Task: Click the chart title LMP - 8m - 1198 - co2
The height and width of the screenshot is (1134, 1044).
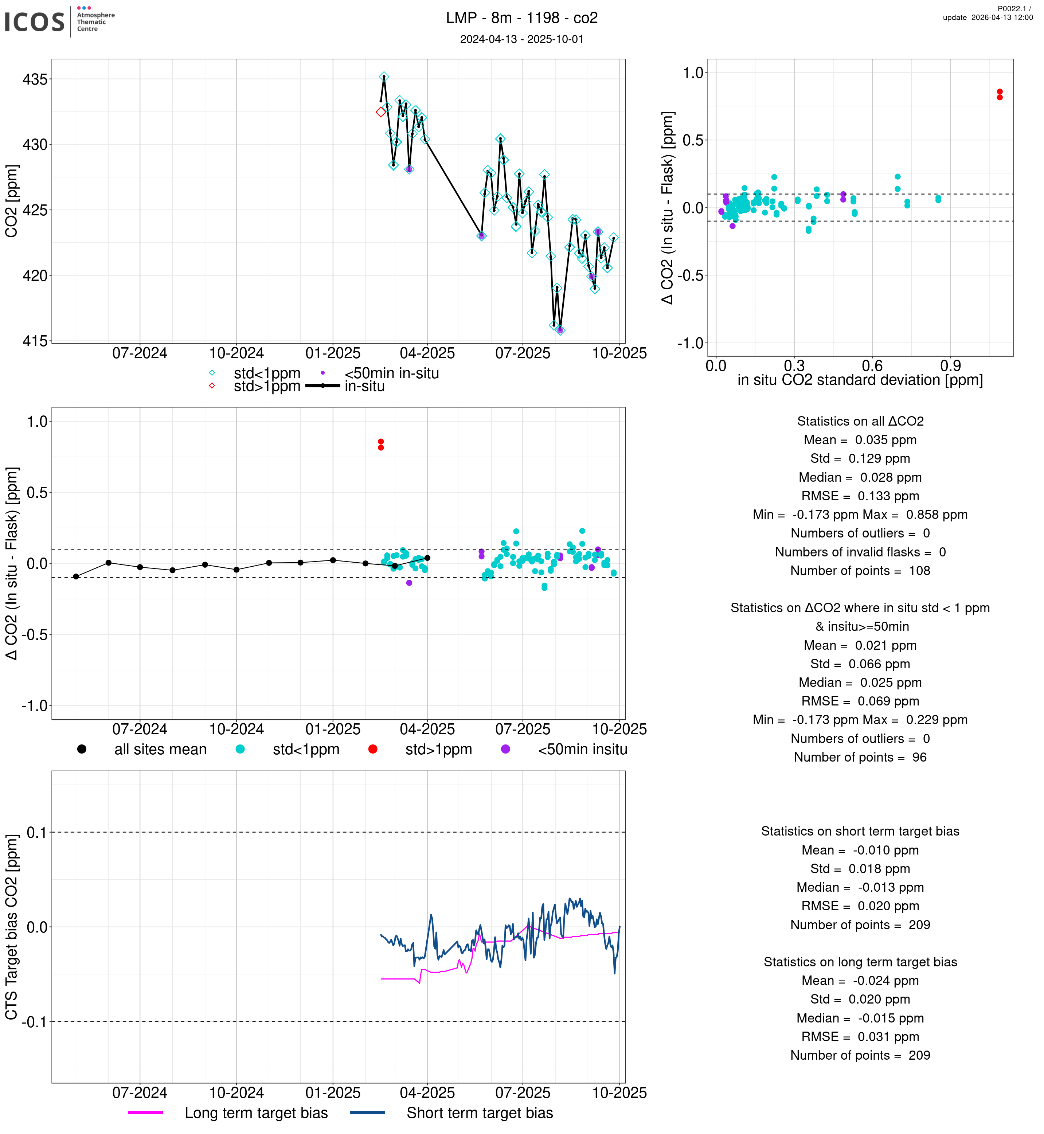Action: (521, 18)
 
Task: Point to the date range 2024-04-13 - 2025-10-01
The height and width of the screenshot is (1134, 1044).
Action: (521, 39)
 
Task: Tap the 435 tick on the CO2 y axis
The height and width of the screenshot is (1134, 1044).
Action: (35, 79)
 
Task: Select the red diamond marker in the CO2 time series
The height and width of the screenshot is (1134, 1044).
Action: (381, 112)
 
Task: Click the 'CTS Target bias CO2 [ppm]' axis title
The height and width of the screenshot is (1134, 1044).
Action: (11, 927)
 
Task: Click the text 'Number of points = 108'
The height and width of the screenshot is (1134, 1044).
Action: (860, 571)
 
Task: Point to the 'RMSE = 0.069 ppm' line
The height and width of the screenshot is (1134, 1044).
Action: (860, 701)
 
